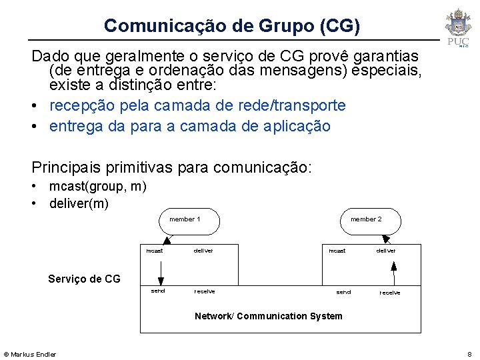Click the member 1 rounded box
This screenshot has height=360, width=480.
(x=190, y=221)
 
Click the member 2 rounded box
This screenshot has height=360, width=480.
(x=371, y=221)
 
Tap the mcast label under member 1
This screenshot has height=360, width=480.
(x=155, y=251)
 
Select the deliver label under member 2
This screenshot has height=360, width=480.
(x=386, y=251)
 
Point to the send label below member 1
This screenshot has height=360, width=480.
(x=158, y=291)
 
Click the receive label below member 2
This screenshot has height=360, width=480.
(x=390, y=293)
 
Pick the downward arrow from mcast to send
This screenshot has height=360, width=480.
(x=160, y=270)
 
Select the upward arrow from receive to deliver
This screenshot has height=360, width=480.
(x=394, y=273)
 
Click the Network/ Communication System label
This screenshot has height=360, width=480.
(x=268, y=316)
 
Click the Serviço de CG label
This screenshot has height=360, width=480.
(x=84, y=279)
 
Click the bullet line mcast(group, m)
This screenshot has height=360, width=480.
(x=97, y=187)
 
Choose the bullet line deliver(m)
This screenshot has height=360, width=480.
(x=79, y=203)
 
